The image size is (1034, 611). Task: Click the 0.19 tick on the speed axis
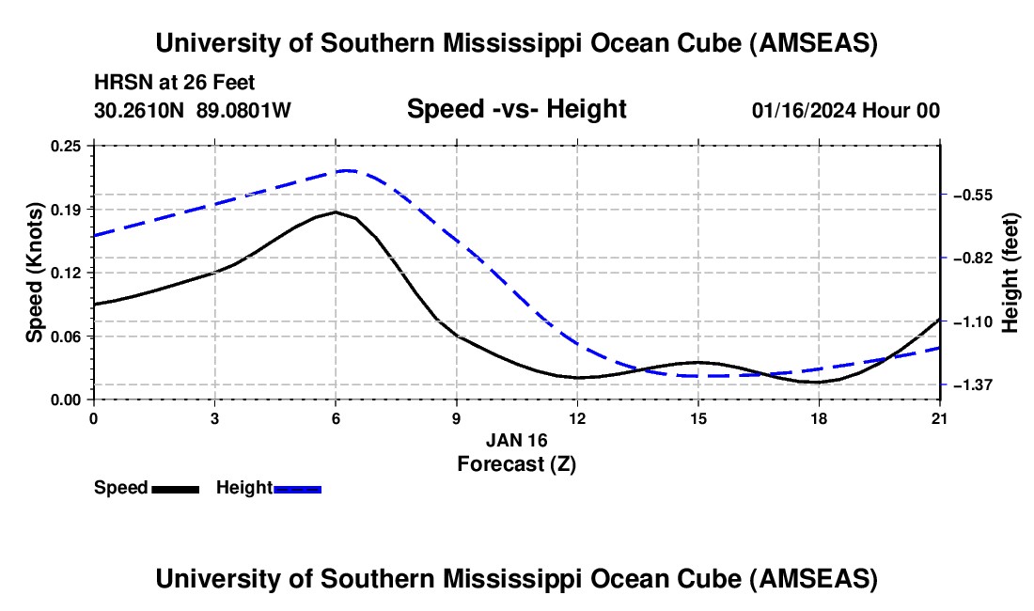click(70, 209)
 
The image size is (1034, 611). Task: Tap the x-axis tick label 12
click(577, 419)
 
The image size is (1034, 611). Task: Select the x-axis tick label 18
click(819, 419)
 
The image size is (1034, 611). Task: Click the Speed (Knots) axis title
click(35, 273)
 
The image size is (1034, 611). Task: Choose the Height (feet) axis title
click(1010, 273)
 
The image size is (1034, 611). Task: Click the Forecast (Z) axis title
click(516, 462)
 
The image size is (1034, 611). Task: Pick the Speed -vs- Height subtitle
click(516, 109)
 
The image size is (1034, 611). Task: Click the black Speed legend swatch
click(175, 489)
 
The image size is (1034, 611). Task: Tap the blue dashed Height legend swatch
click(298, 489)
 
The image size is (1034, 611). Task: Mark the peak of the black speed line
click(335, 212)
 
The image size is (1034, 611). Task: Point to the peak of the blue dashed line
click(348, 170)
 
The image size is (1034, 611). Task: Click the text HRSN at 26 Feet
click(175, 83)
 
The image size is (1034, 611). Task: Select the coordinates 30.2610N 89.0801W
click(193, 110)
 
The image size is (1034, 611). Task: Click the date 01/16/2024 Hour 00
click(846, 110)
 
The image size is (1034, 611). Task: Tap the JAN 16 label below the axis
click(516, 440)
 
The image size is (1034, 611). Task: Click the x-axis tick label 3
click(214, 419)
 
